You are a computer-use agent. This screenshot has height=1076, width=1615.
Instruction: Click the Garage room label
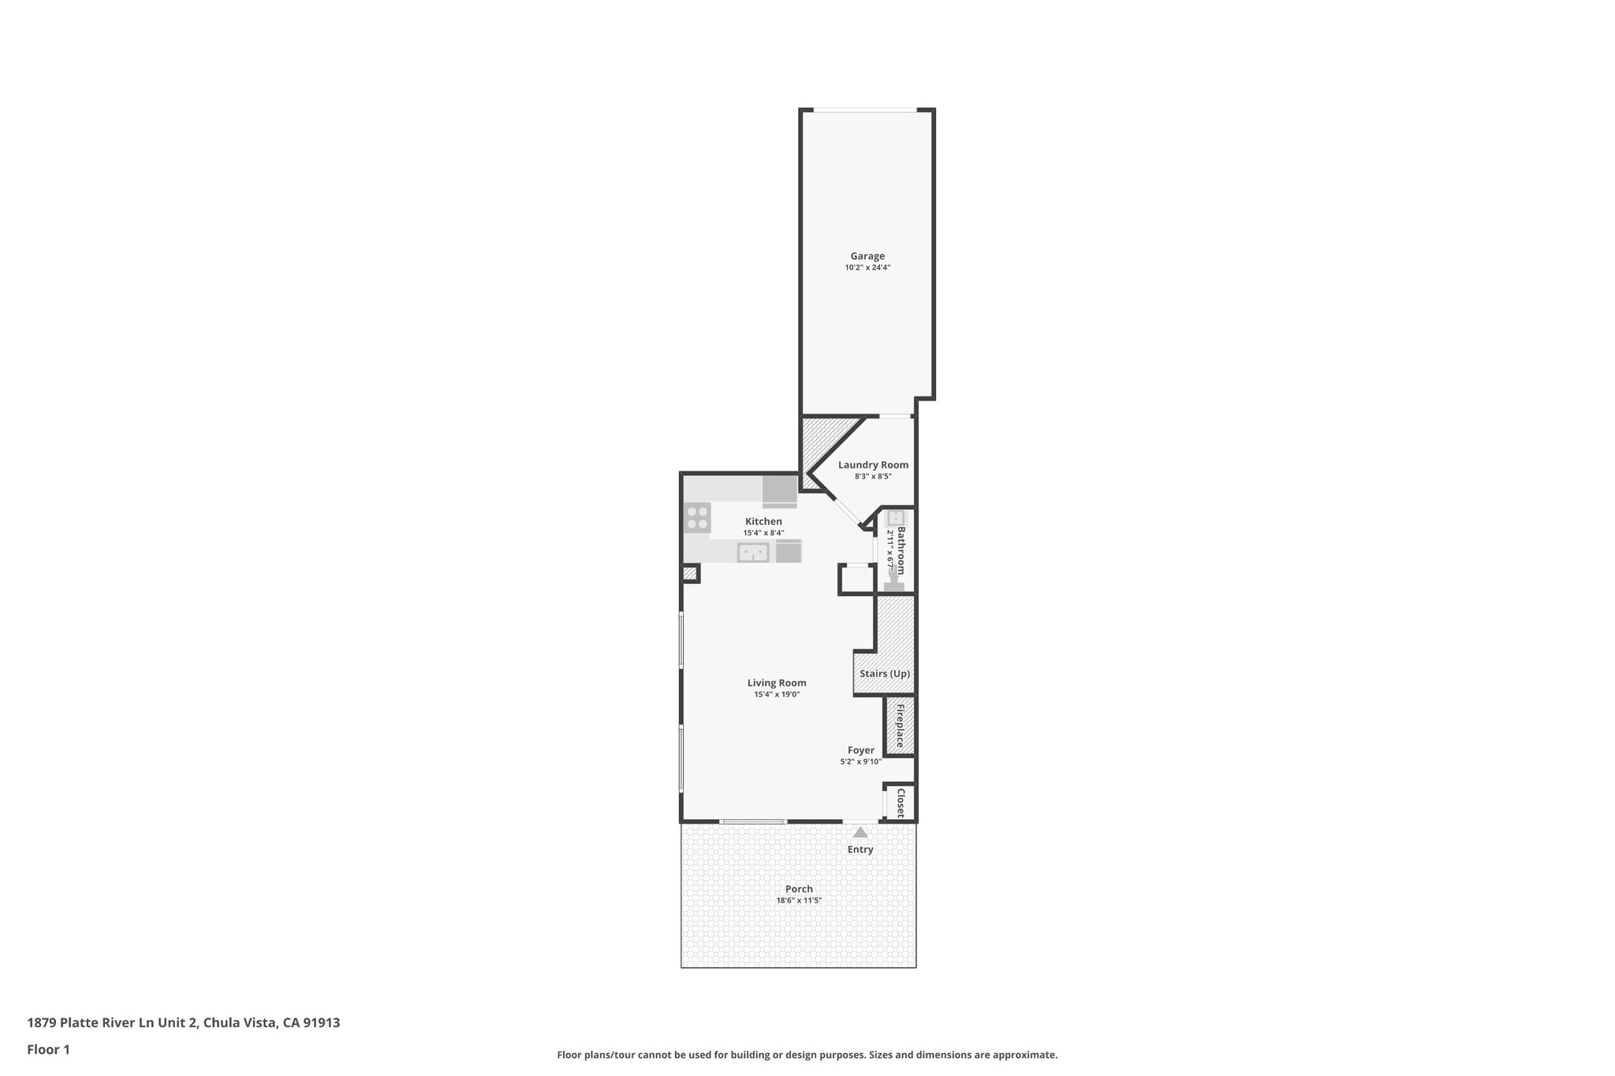[867, 256]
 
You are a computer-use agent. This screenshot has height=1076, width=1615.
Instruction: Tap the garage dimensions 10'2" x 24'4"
[867, 268]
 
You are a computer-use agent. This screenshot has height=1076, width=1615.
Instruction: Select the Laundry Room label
[873, 465]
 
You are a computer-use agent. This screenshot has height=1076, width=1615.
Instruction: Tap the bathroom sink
[896, 518]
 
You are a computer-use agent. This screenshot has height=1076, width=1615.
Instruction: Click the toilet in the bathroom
[894, 582]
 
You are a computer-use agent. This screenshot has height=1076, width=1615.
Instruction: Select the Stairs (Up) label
[885, 674]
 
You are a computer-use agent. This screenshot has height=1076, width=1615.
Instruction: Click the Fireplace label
[899, 725]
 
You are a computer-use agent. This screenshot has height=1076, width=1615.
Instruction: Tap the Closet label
[901, 802]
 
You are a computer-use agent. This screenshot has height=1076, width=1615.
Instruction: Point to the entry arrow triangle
[860, 832]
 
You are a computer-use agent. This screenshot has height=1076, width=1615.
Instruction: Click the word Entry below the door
[860, 850]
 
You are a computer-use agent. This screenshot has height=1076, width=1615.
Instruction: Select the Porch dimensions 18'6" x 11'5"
[799, 900]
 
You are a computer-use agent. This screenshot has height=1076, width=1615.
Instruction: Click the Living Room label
[777, 683]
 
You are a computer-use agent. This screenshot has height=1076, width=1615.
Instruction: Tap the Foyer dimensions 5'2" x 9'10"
[860, 762]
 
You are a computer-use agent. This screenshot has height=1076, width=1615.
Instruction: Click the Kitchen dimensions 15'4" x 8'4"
[763, 533]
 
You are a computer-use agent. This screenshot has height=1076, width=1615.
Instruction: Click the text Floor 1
[49, 1050]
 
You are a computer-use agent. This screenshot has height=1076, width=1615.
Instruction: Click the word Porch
[799, 889]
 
